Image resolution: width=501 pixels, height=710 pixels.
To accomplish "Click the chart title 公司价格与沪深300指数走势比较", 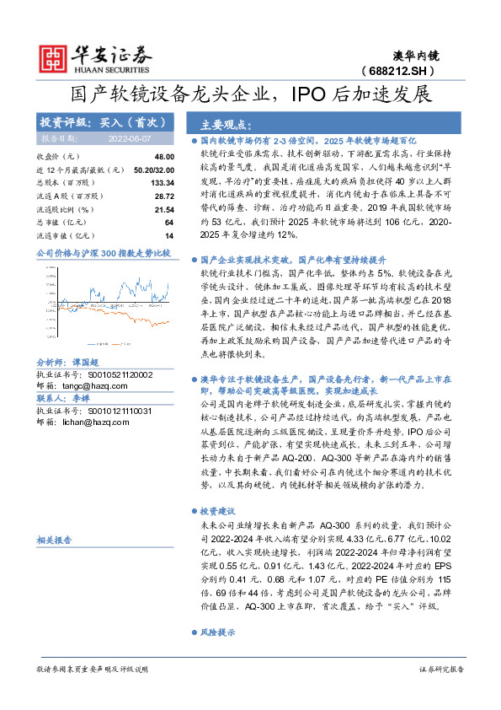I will pos(104,252).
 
